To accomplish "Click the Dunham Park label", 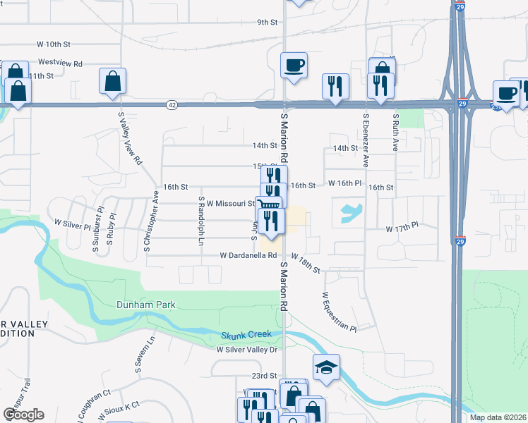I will click(x=145, y=305).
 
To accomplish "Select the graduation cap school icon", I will click(x=326, y=368).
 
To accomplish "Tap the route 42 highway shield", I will click(x=172, y=105).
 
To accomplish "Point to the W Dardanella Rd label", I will click(x=247, y=255).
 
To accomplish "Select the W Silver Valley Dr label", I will click(x=248, y=349).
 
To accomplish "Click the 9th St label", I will click(x=267, y=23).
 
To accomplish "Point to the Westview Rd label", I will click(x=60, y=63).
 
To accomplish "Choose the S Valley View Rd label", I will click(x=131, y=138).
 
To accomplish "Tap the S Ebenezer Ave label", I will click(x=366, y=140).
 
